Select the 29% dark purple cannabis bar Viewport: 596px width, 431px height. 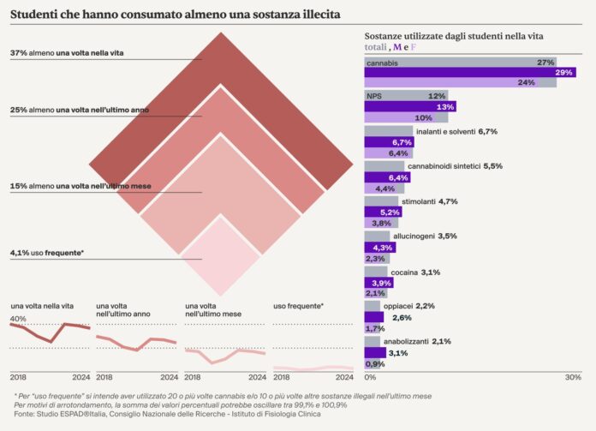coord(469,73)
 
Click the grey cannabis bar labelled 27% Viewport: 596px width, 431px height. coord(461,63)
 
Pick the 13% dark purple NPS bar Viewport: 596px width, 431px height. coord(410,107)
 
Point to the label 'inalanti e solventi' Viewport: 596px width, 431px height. coord(420,131)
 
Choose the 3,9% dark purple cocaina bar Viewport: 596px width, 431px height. coord(378,282)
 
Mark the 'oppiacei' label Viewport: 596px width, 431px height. coord(398,305)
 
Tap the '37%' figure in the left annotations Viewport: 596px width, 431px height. coord(18,53)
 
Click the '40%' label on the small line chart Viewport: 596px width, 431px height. coord(17,319)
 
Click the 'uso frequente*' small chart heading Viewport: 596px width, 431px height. coord(298,306)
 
